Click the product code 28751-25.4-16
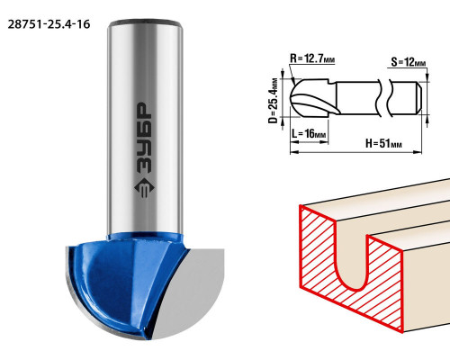pyautogui.click(x=49, y=24)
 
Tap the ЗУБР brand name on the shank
pyautogui.click(x=144, y=139)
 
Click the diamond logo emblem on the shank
pyautogui.click(x=144, y=188)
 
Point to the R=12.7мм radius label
pyautogui.click(x=312, y=58)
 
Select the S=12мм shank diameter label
pyautogui.click(x=409, y=62)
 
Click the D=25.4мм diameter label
pyautogui.click(x=273, y=101)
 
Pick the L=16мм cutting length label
pyautogui.click(x=309, y=133)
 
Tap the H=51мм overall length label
pyautogui.click(x=383, y=143)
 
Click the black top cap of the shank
pyautogui.click(x=146, y=23)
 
